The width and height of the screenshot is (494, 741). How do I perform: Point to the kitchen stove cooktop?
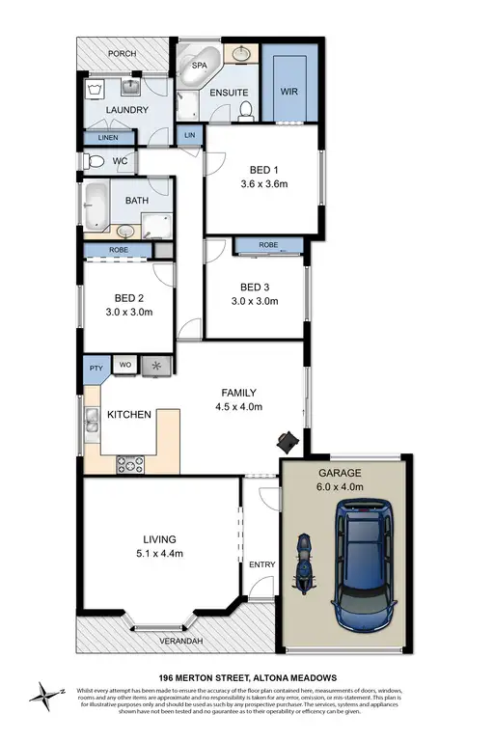click(129, 463)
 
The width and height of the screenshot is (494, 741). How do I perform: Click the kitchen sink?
click(92, 421)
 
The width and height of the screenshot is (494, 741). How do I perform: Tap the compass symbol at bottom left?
click(47, 691)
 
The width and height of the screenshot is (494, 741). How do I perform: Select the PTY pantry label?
click(96, 367)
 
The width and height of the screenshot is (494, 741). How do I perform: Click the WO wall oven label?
click(124, 365)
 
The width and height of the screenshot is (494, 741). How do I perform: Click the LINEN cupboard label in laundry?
click(108, 138)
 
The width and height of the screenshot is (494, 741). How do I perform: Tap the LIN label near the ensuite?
click(190, 136)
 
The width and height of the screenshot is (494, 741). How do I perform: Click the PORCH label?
click(123, 54)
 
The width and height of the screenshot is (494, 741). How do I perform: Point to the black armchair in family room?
click(287, 441)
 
